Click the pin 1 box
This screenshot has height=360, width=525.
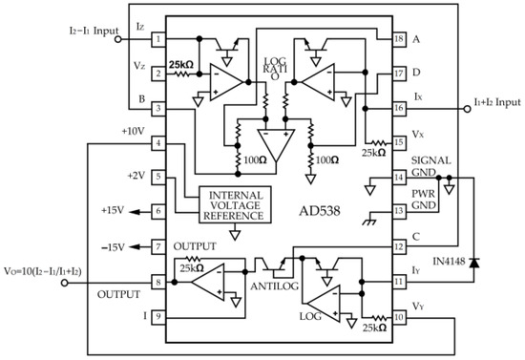click(x=157, y=40)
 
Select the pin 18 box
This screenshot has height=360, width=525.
click(x=399, y=39)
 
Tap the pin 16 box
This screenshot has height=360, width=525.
click(x=399, y=110)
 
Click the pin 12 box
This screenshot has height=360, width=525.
click(x=399, y=246)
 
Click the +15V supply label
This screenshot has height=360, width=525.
click(x=113, y=211)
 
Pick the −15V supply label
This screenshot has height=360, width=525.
click(x=113, y=246)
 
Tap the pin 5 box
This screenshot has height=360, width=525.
click(x=157, y=177)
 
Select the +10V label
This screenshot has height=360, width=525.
click(x=133, y=131)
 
